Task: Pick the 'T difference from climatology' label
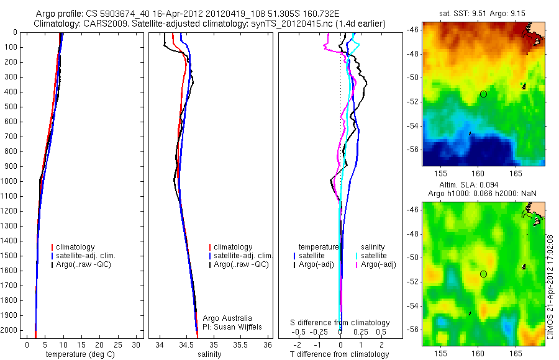tap(340, 354)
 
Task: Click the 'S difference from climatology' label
tap(340, 323)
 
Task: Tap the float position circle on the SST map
tap(483, 94)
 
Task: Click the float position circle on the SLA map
tap(483, 274)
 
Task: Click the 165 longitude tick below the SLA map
tap(516, 353)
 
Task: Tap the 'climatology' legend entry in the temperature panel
tap(75, 247)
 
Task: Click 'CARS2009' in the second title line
tap(101, 23)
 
